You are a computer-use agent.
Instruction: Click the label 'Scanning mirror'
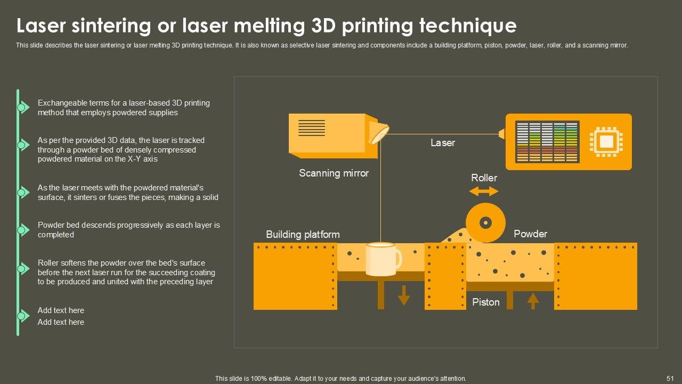(334, 173)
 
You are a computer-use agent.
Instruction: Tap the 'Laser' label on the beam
(443, 143)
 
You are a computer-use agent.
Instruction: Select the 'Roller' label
(484, 178)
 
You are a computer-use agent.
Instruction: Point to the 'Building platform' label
(303, 235)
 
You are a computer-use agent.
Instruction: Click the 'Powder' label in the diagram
(530, 234)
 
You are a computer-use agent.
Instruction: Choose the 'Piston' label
(486, 302)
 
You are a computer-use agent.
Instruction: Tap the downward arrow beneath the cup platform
(404, 295)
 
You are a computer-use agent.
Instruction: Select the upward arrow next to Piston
(533, 301)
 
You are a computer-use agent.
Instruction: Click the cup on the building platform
(383, 259)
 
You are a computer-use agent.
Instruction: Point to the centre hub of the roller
(485, 222)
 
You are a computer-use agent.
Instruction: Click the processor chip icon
(606, 142)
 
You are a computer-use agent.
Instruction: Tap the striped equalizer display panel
(547, 142)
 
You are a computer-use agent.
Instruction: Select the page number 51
(670, 378)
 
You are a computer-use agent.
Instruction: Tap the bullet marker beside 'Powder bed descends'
(22, 230)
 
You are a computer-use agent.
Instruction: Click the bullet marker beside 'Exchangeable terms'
(22, 108)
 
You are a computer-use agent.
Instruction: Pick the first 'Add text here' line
(61, 310)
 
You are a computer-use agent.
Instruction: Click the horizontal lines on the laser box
(312, 128)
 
